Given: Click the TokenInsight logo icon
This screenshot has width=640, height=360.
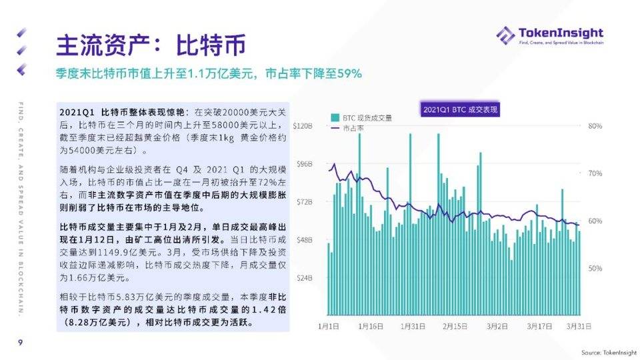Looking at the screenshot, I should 505,35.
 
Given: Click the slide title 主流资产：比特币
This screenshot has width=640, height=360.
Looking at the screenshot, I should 151,45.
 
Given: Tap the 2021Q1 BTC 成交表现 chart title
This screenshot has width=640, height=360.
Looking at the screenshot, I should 461,109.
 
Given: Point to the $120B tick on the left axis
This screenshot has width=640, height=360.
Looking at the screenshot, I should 303,125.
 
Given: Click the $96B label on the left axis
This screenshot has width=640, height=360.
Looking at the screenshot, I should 305,163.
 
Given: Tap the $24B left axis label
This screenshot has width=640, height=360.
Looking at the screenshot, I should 305,277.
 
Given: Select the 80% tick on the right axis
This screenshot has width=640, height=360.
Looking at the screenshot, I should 595,125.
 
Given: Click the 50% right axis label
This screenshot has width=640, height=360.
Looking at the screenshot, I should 595,268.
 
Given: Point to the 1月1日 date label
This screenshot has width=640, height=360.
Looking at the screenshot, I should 329,326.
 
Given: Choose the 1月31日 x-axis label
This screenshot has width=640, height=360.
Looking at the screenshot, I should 413,326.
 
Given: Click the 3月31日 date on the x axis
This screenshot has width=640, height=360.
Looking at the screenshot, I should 579,326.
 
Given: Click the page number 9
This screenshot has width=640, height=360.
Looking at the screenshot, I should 20,343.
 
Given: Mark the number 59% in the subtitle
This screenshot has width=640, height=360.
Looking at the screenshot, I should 349,73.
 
